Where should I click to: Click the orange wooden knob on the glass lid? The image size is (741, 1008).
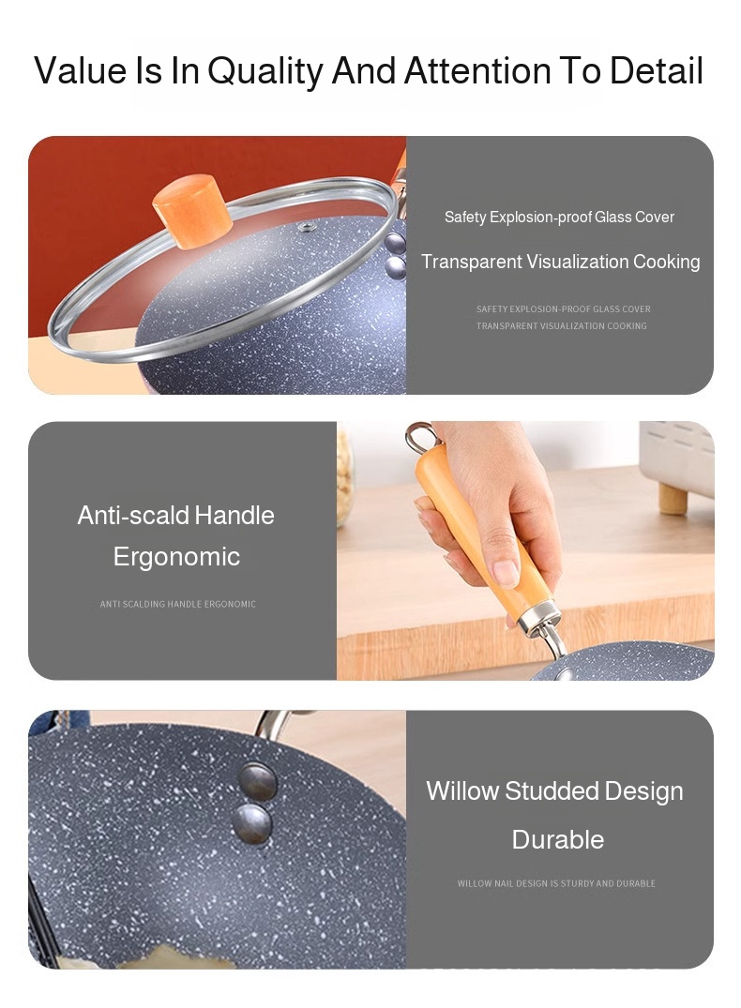coord(192,211)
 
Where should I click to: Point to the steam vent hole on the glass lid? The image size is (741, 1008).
coord(307,226)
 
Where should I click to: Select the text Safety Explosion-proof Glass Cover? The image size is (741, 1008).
coord(559,218)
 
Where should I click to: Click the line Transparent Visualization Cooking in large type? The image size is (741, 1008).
coord(560,262)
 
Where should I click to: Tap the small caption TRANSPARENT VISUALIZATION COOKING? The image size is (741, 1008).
coord(561,326)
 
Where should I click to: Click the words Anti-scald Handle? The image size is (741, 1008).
coord(175,515)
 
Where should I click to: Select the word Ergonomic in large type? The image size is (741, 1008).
coord(176,557)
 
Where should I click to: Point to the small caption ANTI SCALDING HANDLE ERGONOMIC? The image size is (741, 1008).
coord(177,604)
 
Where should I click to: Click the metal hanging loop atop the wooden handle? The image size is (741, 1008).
coord(421,435)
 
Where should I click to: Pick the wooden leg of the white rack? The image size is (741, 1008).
coord(673,498)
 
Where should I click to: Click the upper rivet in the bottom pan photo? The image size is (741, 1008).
coord(257,781)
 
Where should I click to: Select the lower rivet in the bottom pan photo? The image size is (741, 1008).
coord(252,823)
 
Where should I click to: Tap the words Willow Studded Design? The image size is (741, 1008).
coord(554,791)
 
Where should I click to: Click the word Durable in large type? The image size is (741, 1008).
coord(558,839)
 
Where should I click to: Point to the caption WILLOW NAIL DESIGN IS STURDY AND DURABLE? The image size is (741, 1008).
coord(556,883)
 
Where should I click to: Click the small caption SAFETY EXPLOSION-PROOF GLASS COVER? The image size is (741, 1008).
coord(564,309)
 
